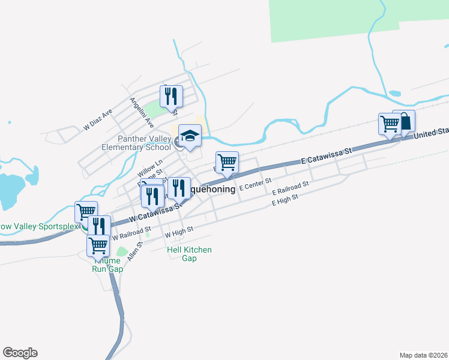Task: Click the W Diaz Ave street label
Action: (x=98, y=120)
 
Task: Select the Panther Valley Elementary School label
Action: (x=136, y=143)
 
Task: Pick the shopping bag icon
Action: (x=404, y=121)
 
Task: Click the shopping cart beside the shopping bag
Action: (x=390, y=124)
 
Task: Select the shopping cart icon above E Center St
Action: (x=228, y=162)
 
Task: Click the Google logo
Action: (x=20, y=353)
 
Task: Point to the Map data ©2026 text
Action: (x=424, y=355)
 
